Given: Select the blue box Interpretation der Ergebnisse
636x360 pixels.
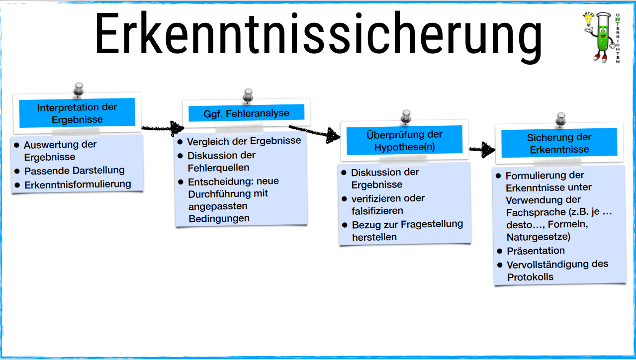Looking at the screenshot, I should (x=77, y=113).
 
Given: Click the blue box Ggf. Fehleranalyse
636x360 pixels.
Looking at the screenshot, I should (x=246, y=113).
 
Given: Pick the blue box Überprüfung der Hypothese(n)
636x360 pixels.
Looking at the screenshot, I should (x=404, y=141).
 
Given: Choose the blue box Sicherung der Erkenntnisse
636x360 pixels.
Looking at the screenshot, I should (x=559, y=143).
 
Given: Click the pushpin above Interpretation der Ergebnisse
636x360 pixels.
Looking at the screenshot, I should (x=78, y=90).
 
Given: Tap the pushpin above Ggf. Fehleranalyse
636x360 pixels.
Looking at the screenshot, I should (x=248, y=95).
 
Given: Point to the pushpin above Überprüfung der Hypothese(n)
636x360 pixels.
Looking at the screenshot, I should (x=406, y=117).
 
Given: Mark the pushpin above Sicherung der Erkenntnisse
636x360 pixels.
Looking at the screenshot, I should (x=561, y=119).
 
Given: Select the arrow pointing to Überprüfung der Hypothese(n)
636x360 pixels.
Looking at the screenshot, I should (x=316, y=132).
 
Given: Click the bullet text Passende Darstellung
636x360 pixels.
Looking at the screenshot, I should (x=75, y=171).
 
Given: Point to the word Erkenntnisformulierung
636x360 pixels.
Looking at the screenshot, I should (x=78, y=184).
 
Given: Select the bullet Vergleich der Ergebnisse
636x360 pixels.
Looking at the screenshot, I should (x=244, y=141).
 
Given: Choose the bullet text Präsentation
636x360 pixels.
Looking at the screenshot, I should (x=536, y=251).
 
